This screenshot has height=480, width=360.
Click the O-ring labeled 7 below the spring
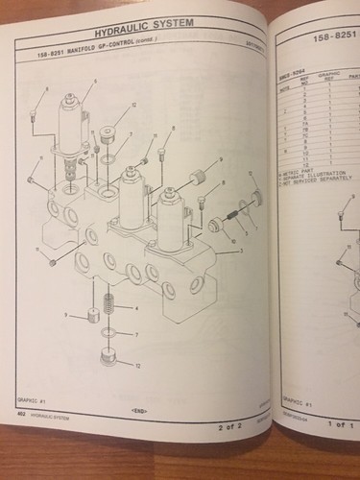[x=110, y=333]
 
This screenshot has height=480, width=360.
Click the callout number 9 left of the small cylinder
[x=64, y=315]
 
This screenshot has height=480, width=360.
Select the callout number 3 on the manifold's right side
[x=241, y=250]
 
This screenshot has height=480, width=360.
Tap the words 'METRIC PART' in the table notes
[x=301, y=169]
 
